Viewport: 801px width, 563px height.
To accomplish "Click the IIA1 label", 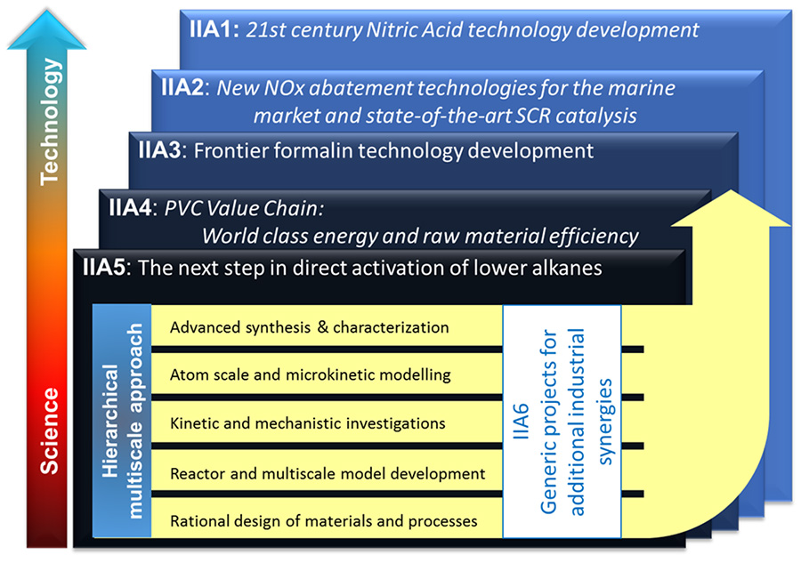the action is pyautogui.click(x=214, y=29).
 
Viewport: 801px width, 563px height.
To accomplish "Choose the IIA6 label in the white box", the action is pyautogui.click(x=521, y=421).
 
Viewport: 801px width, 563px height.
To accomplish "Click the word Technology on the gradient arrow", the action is pyautogui.click(x=50, y=121).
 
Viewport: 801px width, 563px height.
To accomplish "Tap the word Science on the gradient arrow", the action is pyautogui.click(x=50, y=430).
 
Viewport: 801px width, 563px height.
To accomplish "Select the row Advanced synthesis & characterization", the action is pyautogui.click(x=310, y=327).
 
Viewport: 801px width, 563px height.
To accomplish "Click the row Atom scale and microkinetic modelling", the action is pyautogui.click(x=311, y=374).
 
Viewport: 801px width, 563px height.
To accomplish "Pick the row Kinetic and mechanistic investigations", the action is pyautogui.click(x=308, y=423).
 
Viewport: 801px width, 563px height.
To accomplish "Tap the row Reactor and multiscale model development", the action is pyautogui.click(x=328, y=474).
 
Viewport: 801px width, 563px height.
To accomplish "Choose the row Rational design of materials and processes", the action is pyautogui.click(x=324, y=521).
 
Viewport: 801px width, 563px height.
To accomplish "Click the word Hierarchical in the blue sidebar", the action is pyautogui.click(x=110, y=421).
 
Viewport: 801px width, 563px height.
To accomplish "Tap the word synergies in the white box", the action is pyautogui.click(x=604, y=422).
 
